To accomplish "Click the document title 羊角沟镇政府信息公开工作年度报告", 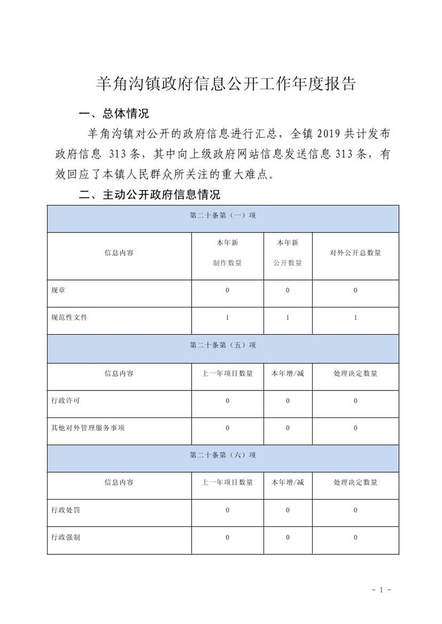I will point(225,83).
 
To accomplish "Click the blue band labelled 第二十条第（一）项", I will point(223,216).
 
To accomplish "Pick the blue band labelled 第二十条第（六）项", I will point(223,455).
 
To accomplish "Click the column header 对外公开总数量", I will point(355,253).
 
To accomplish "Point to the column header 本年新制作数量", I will point(227,253).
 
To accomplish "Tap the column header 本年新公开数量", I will point(287,253).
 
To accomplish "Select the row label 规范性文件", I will point(69,318).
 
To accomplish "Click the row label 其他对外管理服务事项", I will point(87,427).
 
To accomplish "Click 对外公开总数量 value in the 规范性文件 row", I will point(355,318).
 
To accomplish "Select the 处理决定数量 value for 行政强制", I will point(355,537).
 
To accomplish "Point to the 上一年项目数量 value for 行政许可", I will point(227,400).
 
